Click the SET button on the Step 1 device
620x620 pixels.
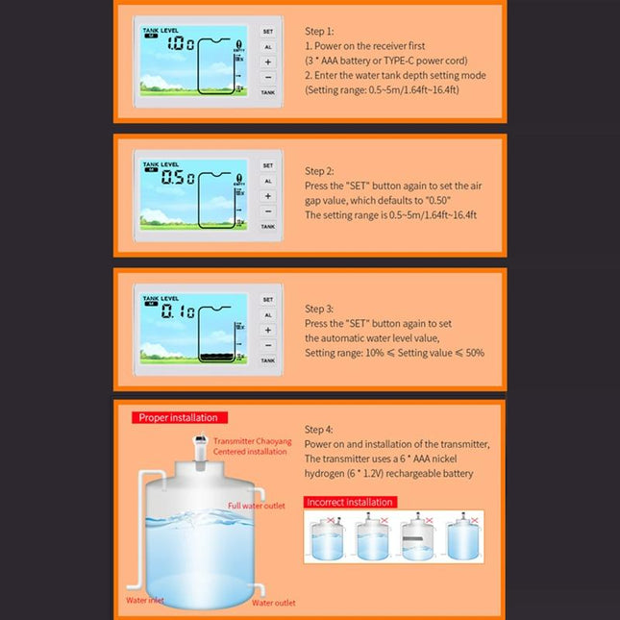(x=268, y=31)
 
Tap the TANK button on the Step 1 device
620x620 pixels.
(x=268, y=92)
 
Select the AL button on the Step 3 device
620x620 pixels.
(x=268, y=314)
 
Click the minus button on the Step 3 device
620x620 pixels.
(x=268, y=344)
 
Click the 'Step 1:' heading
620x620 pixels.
(x=320, y=31)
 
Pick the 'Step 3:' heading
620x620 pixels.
(x=320, y=309)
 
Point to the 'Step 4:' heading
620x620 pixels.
(x=320, y=429)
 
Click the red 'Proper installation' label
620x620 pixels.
(x=178, y=417)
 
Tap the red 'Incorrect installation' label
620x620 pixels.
(x=349, y=502)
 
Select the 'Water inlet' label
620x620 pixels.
(x=145, y=600)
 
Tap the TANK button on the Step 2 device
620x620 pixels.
(x=268, y=227)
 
